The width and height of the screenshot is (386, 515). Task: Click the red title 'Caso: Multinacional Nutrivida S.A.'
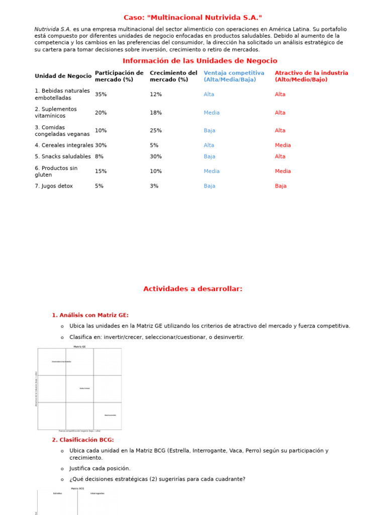(x=193, y=18)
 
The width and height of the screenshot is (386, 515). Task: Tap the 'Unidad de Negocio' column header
(x=63, y=76)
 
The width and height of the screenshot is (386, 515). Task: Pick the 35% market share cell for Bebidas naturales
(x=101, y=95)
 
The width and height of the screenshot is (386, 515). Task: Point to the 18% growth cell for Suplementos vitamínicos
(x=156, y=113)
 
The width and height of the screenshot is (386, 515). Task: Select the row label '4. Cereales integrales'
(x=64, y=145)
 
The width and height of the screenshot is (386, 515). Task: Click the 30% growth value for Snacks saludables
(x=156, y=157)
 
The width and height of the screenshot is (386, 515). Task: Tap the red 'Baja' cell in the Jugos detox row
(x=280, y=186)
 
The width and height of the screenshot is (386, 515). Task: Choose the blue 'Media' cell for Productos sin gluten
(x=212, y=171)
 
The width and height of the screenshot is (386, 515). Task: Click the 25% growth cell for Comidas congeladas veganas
(x=156, y=131)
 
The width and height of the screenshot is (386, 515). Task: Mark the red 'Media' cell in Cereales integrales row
(x=282, y=145)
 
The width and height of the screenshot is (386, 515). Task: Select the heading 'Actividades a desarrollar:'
(x=193, y=289)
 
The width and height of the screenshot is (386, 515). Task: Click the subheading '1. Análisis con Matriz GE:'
(x=90, y=315)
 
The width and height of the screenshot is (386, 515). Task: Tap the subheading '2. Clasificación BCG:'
(x=82, y=440)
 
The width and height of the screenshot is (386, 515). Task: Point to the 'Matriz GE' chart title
(x=79, y=347)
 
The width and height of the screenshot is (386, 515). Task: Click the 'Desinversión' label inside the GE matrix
(x=110, y=415)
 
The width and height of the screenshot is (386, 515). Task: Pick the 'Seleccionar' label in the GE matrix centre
(x=85, y=388)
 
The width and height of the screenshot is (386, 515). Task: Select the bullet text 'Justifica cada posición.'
(x=100, y=469)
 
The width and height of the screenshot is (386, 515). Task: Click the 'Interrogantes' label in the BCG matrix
(x=98, y=493)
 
